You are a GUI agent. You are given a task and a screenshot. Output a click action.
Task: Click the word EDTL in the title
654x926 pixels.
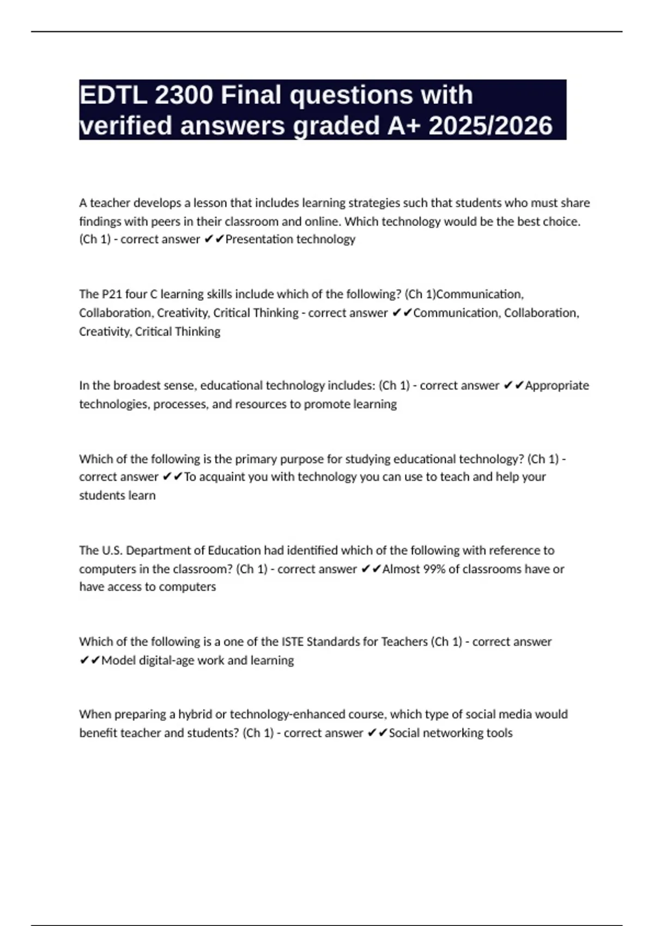pyautogui.click(x=113, y=95)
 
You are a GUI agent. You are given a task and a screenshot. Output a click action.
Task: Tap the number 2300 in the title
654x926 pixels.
pyautogui.click(x=184, y=95)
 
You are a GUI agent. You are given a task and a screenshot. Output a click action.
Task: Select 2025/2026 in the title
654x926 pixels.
pyautogui.click(x=491, y=126)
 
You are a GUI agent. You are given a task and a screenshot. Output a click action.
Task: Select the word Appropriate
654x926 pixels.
pyautogui.click(x=556, y=386)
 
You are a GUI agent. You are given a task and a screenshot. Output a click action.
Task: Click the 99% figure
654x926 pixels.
pyautogui.click(x=434, y=569)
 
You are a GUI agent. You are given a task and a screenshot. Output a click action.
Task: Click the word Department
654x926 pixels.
pyautogui.click(x=160, y=550)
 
